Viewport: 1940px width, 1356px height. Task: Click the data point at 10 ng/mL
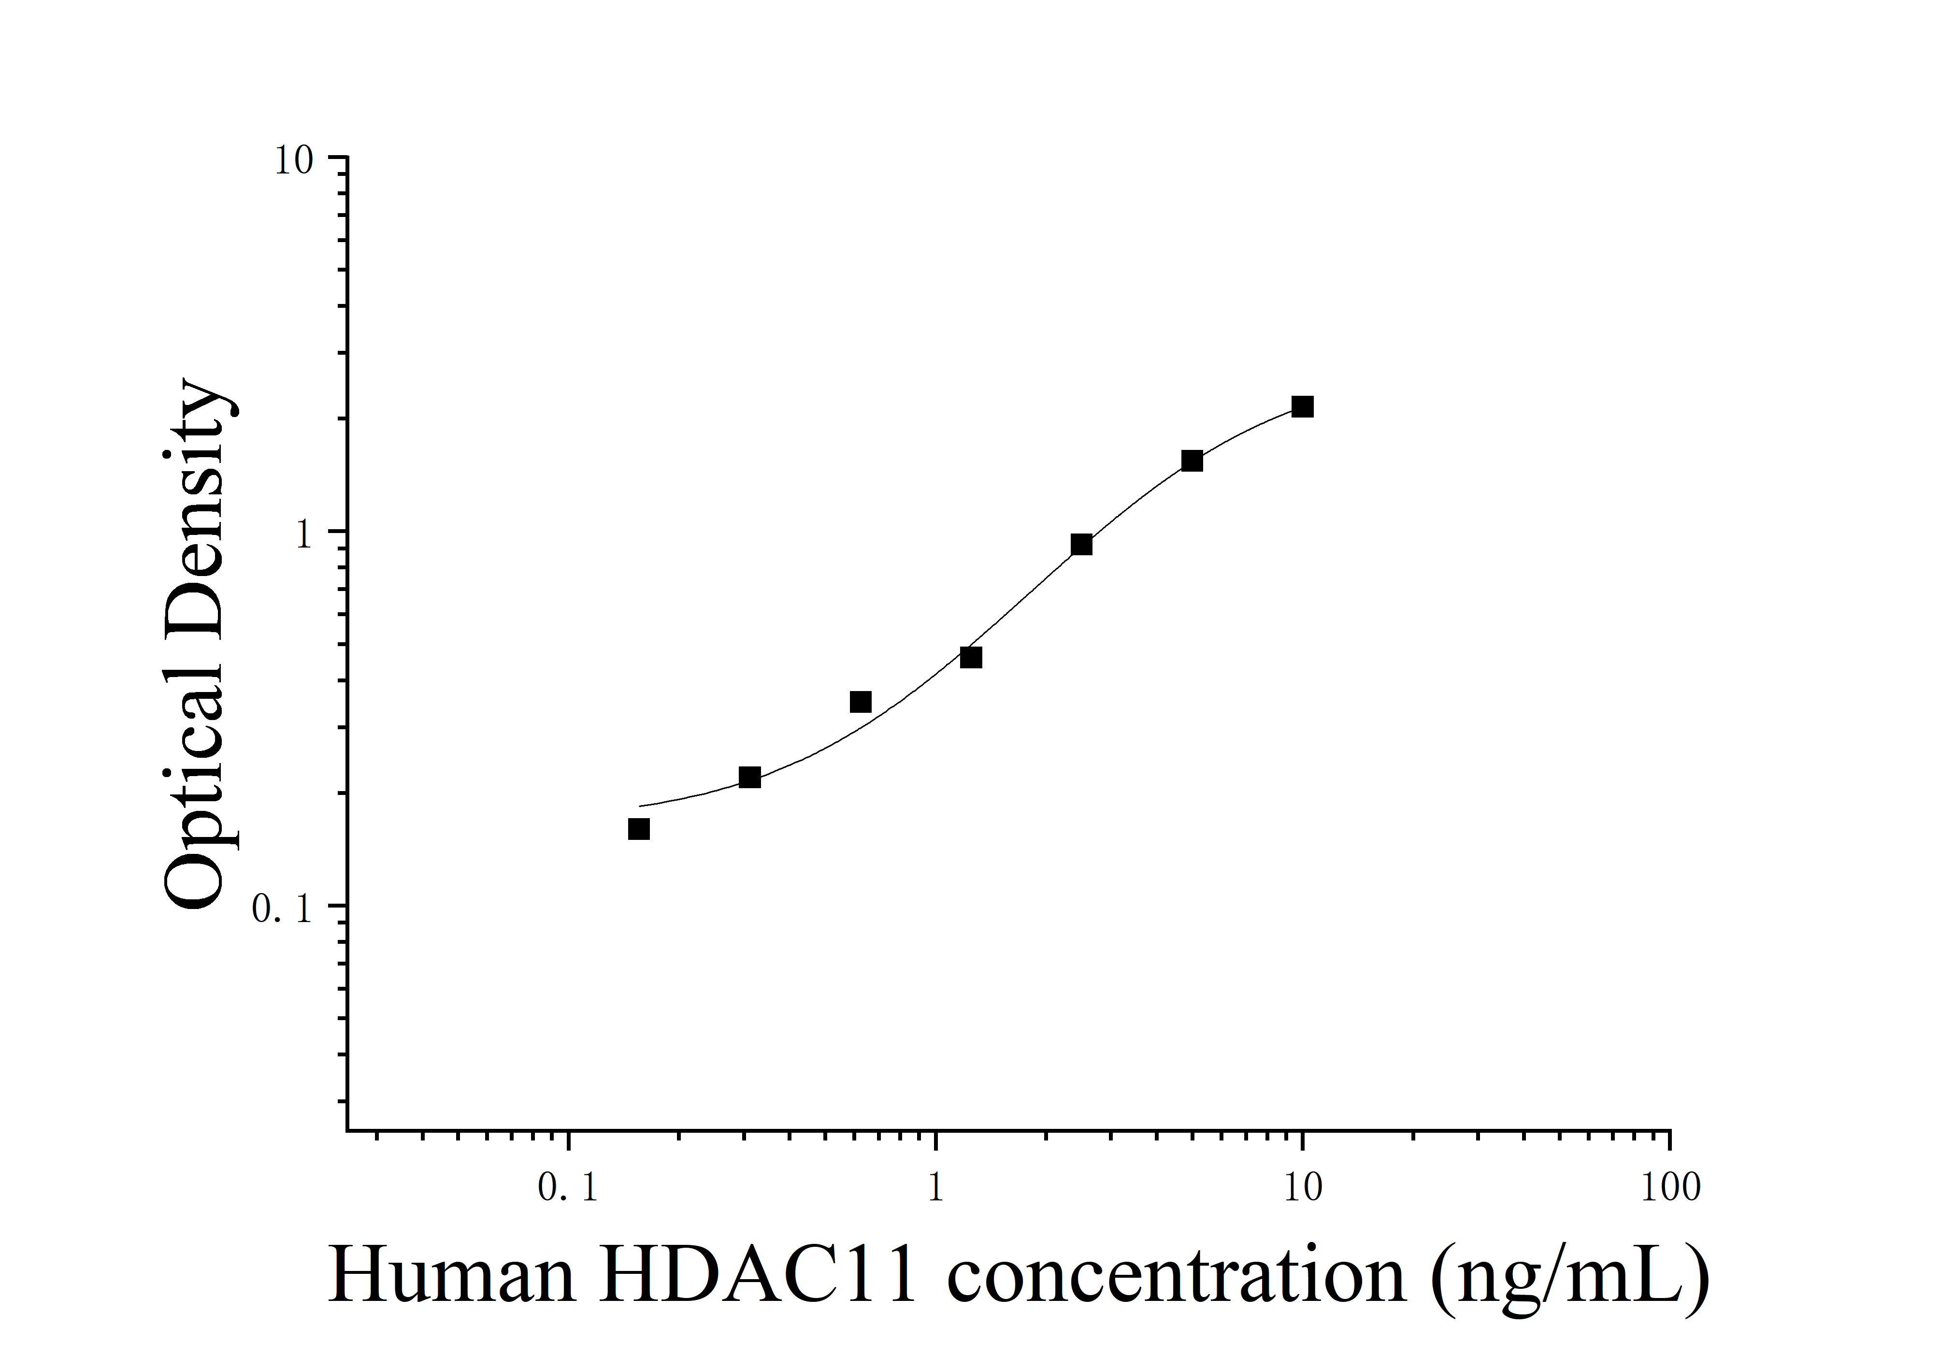pos(1302,407)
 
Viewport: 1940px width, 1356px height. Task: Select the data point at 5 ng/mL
pos(1192,461)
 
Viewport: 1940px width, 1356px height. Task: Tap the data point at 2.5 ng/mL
pos(1081,545)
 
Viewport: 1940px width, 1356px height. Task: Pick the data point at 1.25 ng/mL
pos(971,657)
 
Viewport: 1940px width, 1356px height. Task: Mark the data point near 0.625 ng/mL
pos(860,702)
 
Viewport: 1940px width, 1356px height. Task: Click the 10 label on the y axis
pos(293,160)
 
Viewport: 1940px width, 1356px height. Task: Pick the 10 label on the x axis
pos(1302,1189)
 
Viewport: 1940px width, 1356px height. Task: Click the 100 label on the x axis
pos(1669,1189)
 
